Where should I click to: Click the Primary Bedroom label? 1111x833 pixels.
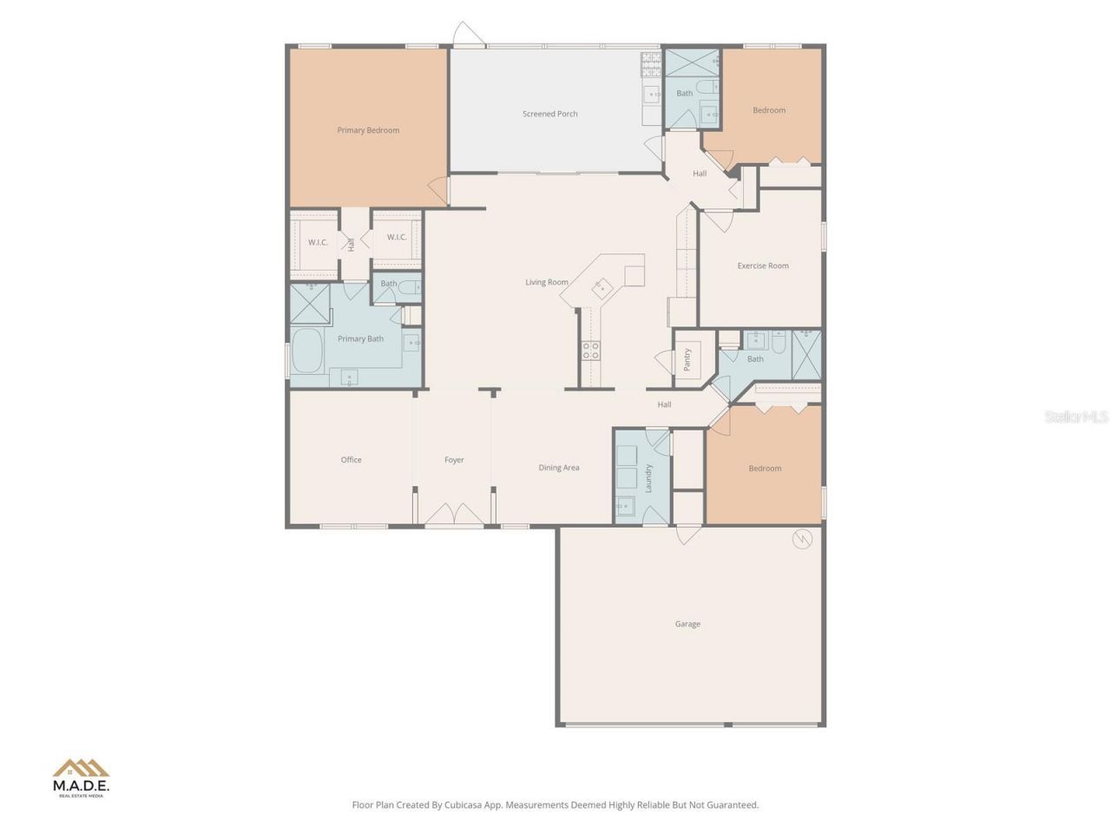(x=368, y=130)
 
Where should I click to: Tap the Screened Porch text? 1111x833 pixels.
(x=549, y=114)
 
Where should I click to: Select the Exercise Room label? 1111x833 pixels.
(x=762, y=266)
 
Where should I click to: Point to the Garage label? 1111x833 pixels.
(x=687, y=624)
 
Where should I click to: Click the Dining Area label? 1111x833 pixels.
(x=558, y=468)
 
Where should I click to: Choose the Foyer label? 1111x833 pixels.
(x=454, y=460)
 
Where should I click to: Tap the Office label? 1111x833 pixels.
(x=351, y=460)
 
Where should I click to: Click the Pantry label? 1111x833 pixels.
(x=687, y=359)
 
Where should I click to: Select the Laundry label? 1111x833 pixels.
(x=649, y=478)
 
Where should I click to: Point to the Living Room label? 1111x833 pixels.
(x=546, y=282)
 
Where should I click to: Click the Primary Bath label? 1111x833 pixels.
(x=360, y=339)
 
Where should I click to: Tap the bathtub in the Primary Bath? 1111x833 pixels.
(x=307, y=351)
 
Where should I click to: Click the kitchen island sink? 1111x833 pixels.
(x=602, y=288)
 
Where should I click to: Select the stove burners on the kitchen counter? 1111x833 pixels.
(x=591, y=351)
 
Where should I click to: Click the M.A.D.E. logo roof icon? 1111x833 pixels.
(x=81, y=768)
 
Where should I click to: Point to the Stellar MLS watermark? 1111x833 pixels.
(x=1075, y=416)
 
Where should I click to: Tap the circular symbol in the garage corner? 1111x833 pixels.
(x=802, y=540)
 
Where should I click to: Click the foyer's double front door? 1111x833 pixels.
(x=454, y=515)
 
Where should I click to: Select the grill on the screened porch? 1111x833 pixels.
(x=652, y=64)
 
